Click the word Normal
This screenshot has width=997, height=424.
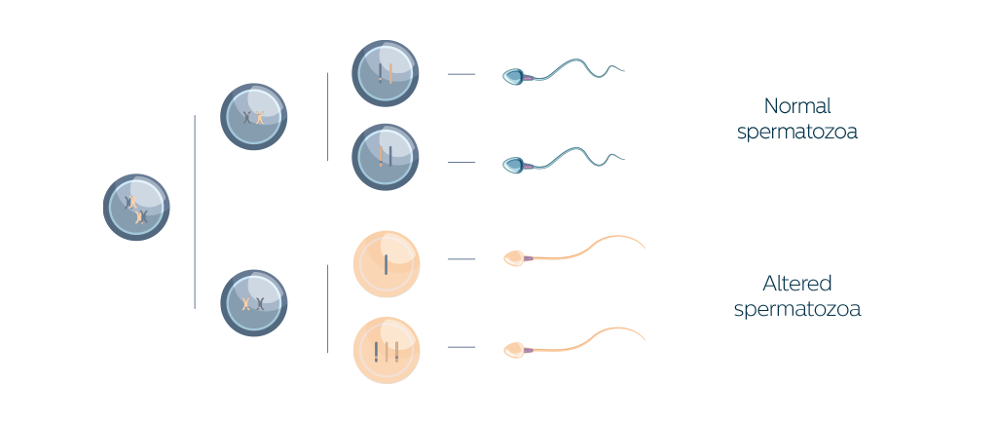[x=797, y=105]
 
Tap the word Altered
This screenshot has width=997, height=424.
[x=797, y=284]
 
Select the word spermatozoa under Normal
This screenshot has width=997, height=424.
[x=797, y=132]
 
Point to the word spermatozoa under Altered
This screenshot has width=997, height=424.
[x=797, y=309]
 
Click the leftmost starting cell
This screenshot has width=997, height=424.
[x=136, y=208]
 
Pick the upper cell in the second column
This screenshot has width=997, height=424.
[x=254, y=117]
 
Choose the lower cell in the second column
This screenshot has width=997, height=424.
[x=254, y=303]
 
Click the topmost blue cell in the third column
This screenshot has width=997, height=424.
[x=386, y=73]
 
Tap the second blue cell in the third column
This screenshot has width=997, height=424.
[x=386, y=157]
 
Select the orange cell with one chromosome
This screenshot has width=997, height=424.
[x=386, y=264]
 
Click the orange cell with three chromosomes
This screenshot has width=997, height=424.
[x=386, y=350]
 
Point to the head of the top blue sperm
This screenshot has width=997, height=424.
[x=513, y=77]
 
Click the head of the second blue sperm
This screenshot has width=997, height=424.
[x=513, y=166]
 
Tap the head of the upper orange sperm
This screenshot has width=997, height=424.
[x=514, y=258]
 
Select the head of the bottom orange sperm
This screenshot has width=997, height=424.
[x=514, y=350]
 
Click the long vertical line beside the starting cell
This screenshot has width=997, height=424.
[x=195, y=212]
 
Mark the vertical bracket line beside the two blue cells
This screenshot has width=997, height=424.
[x=327, y=117]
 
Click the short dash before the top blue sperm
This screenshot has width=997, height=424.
[x=462, y=74]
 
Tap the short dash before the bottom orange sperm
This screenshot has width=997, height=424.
[x=462, y=347]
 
